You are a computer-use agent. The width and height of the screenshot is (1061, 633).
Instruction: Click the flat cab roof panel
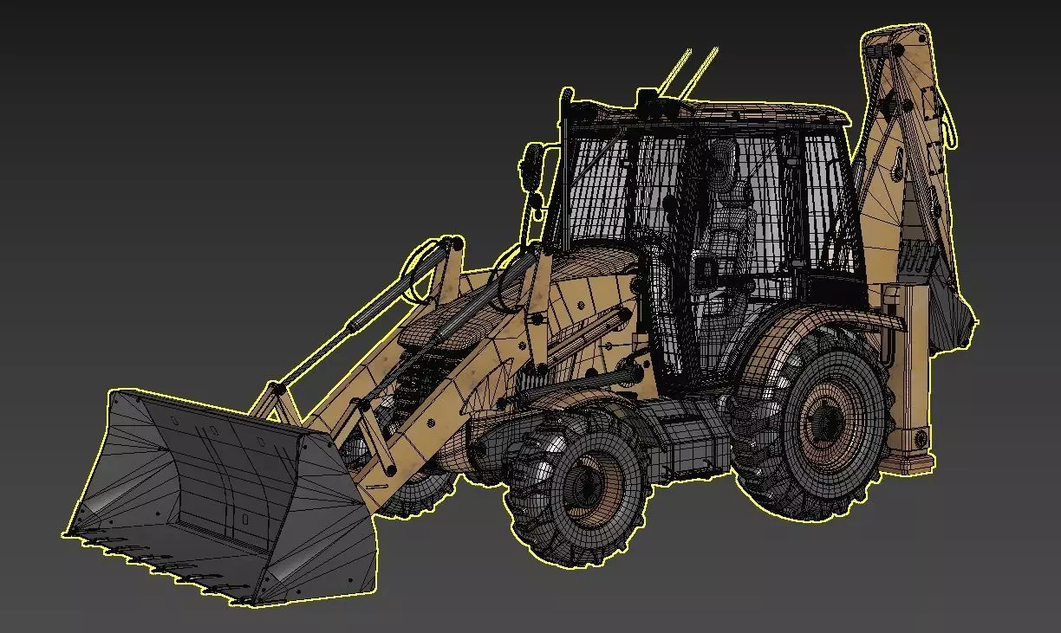tap(737, 111)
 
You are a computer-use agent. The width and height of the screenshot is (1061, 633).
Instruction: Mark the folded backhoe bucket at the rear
tap(954, 312)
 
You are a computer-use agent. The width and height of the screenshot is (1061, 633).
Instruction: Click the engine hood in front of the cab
tap(598, 277)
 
